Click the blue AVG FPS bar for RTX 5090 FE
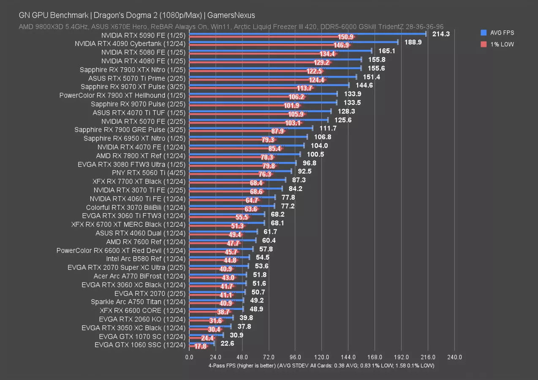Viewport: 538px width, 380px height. [307, 34]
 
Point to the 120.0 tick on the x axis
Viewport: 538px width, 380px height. [321, 357]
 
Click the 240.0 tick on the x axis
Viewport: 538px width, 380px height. [454, 357]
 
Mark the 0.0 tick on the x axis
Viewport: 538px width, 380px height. [189, 357]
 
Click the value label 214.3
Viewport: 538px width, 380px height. [441, 34]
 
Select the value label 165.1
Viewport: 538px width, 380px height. [386, 51]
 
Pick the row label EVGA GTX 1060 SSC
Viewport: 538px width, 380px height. [140, 345]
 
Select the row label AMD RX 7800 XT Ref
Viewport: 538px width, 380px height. [141, 155]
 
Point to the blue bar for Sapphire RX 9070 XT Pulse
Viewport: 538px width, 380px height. [269, 85]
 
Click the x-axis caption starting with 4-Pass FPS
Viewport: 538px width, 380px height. [321, 366]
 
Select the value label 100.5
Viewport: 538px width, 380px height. [315, 155]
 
